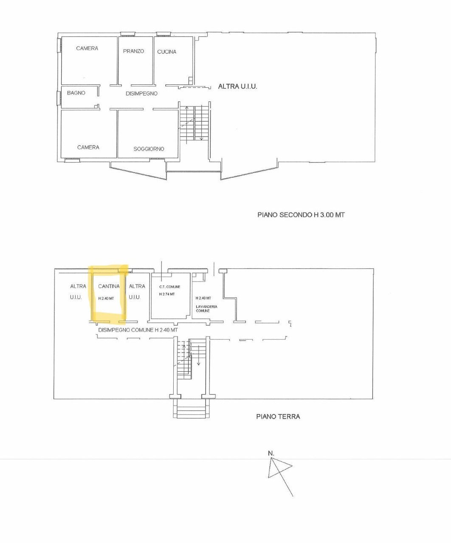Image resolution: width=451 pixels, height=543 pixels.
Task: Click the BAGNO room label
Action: click(x=76, y=93)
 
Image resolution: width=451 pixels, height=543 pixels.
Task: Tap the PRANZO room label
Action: click(x=133, y=51)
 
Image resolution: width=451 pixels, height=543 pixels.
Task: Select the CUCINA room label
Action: click(x=166, y=52)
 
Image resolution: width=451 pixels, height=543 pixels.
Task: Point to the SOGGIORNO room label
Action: click(x=149, y=149)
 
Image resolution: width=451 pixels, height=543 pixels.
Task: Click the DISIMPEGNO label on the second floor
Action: click(x=141, y=93)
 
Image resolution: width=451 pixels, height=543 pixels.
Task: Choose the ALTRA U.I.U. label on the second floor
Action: click(x=237, y=86)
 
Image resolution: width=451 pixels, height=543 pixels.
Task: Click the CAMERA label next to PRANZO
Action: click(x=87, y=48)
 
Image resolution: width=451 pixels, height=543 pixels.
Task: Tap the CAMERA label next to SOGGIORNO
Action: click(x=88, y=147)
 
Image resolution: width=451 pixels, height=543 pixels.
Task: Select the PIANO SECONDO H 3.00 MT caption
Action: click(x=301, y=215)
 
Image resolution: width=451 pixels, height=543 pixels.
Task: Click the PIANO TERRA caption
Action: click(x=278, y=417)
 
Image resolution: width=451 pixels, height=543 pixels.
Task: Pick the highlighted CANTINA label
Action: click(x=109, y=286)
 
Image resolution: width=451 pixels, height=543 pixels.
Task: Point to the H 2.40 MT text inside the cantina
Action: click(x=106, y=298)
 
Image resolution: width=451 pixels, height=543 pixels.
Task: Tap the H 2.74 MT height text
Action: click(x=166, y=294)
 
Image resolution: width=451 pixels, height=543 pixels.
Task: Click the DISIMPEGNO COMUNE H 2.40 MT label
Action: click(x=138, y=330)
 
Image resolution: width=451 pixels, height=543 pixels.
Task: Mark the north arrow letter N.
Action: click(x=271, y=453)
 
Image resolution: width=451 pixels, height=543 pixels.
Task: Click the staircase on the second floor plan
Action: click(x=194, y=123)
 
